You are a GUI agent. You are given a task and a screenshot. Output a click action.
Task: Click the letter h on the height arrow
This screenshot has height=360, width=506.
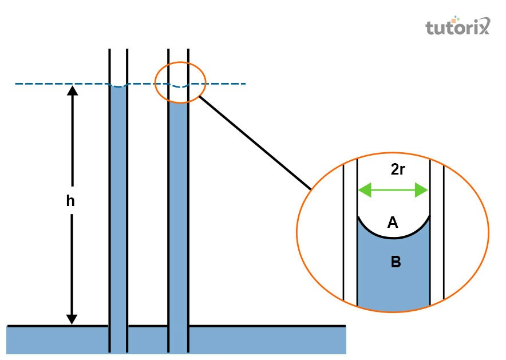click(71, 201)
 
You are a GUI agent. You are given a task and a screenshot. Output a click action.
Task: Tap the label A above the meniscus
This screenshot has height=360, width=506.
click(393, 223)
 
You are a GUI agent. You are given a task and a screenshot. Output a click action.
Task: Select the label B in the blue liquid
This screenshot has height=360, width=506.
click(395, 262)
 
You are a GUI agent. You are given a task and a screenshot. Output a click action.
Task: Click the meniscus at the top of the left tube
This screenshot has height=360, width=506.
click(118, 86)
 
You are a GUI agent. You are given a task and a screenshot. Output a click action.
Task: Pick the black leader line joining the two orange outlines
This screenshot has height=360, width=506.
click(255, 143)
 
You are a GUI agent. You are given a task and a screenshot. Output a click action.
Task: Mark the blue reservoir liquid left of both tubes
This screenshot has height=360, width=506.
click(57, 340)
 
